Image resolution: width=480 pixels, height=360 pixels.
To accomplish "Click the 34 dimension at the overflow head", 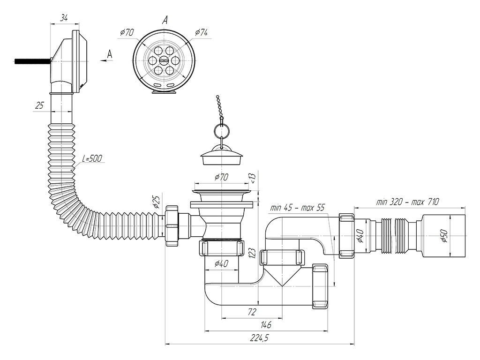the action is coord(64,18).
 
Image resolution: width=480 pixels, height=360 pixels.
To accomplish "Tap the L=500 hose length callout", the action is coord(92,158).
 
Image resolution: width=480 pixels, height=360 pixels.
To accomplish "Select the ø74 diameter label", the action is coord(201,32).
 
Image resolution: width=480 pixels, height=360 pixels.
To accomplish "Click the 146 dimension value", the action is coord(265,324).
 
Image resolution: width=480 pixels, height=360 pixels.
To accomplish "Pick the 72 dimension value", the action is coord(252,312).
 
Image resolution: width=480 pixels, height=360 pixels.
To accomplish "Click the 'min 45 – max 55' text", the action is coord(297,208).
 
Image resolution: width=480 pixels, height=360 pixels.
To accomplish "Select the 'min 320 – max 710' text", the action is coord(407,202).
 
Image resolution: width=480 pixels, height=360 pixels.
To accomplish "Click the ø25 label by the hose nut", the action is coord(156,202).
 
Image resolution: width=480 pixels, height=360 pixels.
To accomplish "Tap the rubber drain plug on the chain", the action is coord(222,156).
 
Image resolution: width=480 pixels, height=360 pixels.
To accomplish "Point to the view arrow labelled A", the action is coord(106,60).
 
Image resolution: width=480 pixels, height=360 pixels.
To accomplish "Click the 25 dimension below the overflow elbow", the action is coord(39,105).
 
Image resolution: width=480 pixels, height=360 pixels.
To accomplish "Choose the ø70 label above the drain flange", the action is coord(221,177).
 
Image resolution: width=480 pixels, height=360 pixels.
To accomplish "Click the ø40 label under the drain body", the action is coord(221,263).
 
